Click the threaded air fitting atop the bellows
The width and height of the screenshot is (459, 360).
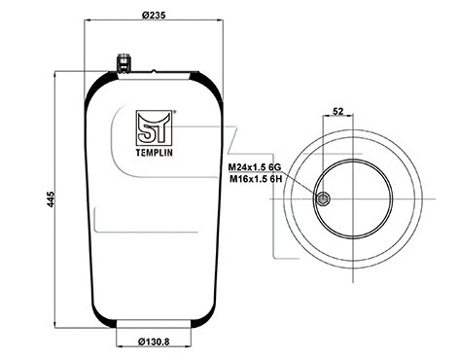(x=124, y=61)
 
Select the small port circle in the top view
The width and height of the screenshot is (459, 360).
(x=324, y=199)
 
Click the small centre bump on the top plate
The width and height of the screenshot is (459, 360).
(x=154, y=70)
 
